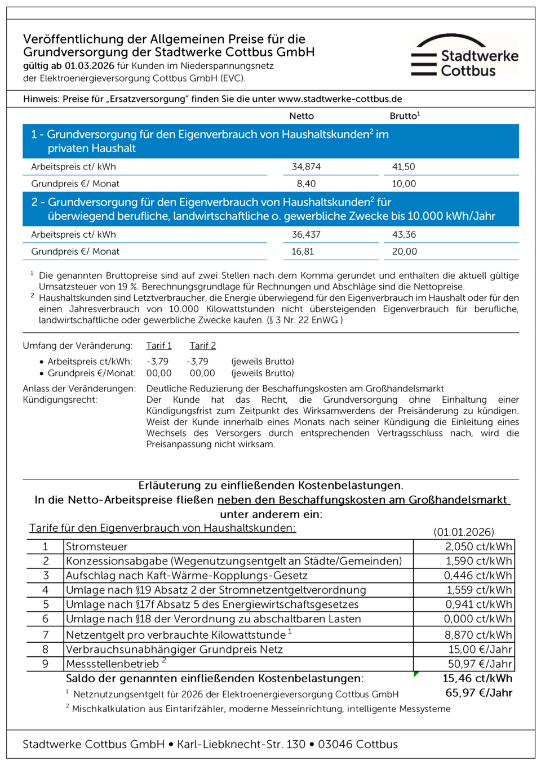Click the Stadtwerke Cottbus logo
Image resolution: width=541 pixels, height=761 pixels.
(464, 56)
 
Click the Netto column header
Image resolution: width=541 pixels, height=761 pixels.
(301, 116)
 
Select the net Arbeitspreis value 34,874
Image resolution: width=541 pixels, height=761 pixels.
(306, 167)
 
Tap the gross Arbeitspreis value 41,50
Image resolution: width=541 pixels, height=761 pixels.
(403, 167)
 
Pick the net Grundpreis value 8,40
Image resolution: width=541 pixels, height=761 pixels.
(306, 184)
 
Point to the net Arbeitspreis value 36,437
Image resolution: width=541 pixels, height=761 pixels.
(306, 234)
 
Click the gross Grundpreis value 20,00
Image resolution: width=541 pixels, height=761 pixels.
(404, 251)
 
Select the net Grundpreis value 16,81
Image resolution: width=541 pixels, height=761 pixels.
(303, 251)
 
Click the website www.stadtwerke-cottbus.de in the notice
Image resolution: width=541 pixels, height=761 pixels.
(340, 99)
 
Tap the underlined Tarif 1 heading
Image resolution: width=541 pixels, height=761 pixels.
(159, 346)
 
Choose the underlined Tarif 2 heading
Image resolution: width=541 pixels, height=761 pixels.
(202, 346)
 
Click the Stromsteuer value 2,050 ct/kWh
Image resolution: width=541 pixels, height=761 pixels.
(478, 546)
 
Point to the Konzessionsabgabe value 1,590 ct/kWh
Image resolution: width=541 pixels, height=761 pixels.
(478, 561)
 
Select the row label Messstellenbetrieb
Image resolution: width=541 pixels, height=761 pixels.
(112, 664)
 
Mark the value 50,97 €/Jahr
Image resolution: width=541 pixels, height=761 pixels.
(480, 664)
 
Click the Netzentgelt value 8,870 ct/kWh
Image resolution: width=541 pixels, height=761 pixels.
(478, 635)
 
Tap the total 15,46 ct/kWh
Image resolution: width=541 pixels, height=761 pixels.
(477, 678)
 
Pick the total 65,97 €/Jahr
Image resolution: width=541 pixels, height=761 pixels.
(478, 693)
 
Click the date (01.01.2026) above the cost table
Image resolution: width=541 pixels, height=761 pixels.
(464, 532)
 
